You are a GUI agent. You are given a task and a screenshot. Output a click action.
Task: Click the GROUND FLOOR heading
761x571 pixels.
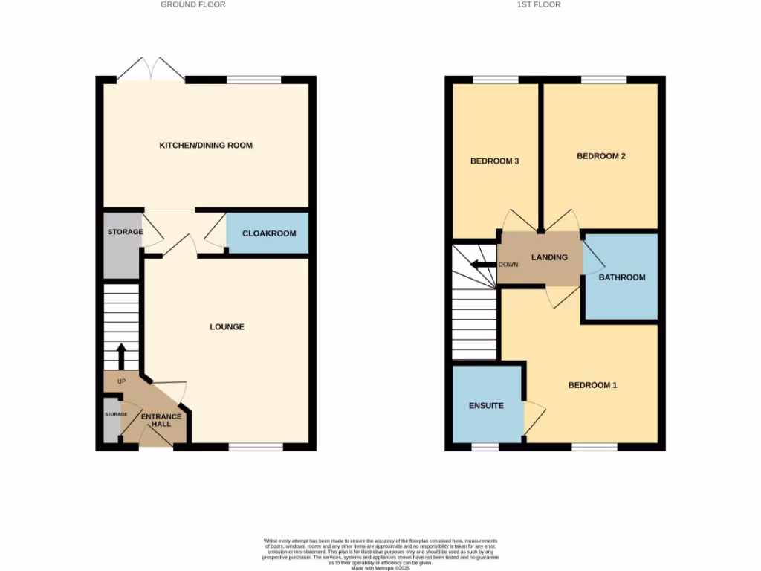(x=193, y=4)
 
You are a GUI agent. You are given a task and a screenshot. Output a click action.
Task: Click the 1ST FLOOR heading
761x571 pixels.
(x=540, y=4)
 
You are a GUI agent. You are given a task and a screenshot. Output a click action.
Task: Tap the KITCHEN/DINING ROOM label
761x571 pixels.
(x=206, y=145)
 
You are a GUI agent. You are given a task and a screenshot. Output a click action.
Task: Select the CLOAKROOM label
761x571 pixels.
(x=269, y=233)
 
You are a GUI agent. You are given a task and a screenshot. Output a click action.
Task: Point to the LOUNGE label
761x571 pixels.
(x=227, y=327)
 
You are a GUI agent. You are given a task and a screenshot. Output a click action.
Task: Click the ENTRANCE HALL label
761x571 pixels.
(x=161, y=420)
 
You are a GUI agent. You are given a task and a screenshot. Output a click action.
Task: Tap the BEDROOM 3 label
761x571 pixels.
(x=494, y=161)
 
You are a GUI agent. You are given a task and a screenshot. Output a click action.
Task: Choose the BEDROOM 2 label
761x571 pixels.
(x=601, y=156)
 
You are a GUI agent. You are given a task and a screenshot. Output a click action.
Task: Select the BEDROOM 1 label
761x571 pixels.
(x=592, y=385)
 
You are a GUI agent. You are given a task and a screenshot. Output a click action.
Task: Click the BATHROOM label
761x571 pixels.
(x=622, y=277)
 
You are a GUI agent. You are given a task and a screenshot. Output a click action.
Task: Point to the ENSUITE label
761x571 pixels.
(x=486, y=406)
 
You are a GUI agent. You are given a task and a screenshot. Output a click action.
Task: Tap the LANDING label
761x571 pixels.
(x=549, y=257)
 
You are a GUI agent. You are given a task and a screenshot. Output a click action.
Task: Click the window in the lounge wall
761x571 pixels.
(x=256, y=448)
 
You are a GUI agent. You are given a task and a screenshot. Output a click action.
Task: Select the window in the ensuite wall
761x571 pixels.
(x=485, y=448)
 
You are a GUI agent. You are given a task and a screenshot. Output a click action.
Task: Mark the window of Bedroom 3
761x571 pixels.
(x=496, y=80)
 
